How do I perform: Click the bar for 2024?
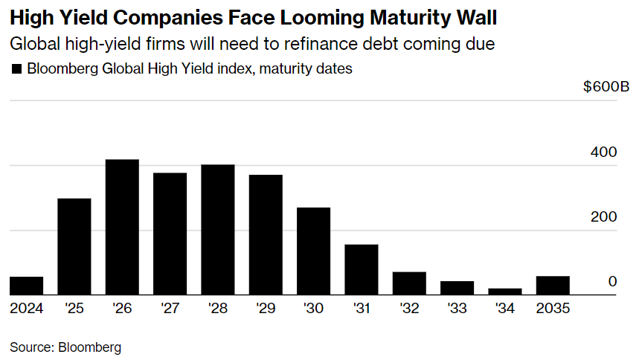click(x=26, y=286)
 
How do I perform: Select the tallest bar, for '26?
click(x=122, y=228)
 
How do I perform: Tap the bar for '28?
click(x=218, y=230)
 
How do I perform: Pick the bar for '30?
click(x=313, y=251)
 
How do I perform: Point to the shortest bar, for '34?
click(x=505, y=292)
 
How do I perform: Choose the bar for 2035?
click(x=553, y=286)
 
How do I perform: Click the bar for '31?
click(x=362, y=270)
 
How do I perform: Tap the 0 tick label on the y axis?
click(x=612, y=282)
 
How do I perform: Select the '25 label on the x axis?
click(x=74, y=307)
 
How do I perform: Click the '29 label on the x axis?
click(x=266, y=307)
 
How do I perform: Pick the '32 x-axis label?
click(x=409, y=307)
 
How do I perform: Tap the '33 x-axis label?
click(x=457, y=307)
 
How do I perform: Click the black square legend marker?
click(x=16, y=70)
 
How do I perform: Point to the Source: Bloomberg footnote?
click(x=65, y=347)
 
